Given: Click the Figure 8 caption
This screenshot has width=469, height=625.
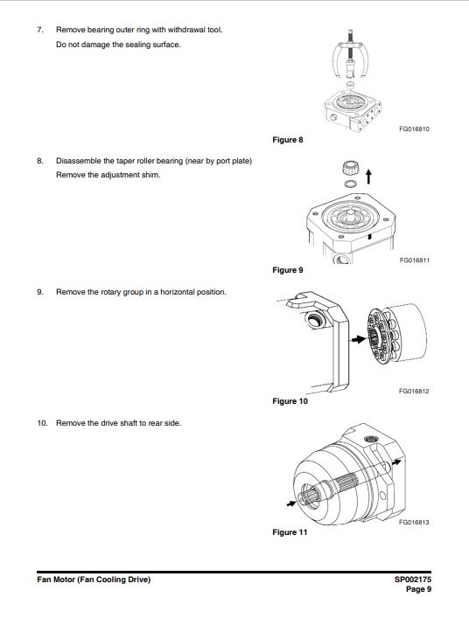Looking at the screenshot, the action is (x=287, y=140).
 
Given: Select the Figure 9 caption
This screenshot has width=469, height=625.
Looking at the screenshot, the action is (x=287, y=270).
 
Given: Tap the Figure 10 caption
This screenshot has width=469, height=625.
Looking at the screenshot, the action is (x=290, y=401).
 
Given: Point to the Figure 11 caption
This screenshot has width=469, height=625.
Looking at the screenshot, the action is (x=290, y=532).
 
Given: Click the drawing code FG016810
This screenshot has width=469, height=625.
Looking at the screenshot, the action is (x=415, y=129).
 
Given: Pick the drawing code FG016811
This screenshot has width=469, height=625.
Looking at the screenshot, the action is (x=415, y=260).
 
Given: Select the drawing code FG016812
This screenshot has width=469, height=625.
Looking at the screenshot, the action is (x=414, y=392).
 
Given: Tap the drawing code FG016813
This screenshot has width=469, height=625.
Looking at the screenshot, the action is (x=414, y=522).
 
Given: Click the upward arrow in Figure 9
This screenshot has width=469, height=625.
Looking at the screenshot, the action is (x=369, y=177).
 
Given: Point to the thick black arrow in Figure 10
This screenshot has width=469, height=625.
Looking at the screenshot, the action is (x=358, y=339).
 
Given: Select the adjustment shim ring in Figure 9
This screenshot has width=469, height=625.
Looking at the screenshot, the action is (x=351, y=184).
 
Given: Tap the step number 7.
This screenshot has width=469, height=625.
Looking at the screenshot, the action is (x=40, y=30).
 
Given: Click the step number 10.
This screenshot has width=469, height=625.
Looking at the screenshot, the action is (x=42, y=423).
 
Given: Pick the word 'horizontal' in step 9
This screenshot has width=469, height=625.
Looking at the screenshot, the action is (x=177, y=292).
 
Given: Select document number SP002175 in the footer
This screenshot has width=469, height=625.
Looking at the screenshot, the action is (x=413, y=580).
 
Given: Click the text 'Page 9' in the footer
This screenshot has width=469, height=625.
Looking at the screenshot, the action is (x=419, y=589).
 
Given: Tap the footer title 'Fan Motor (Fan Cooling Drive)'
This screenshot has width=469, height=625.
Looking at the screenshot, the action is (x=94, y=580).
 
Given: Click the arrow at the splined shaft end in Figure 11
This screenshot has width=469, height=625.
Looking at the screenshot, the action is (x=291, y=503).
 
